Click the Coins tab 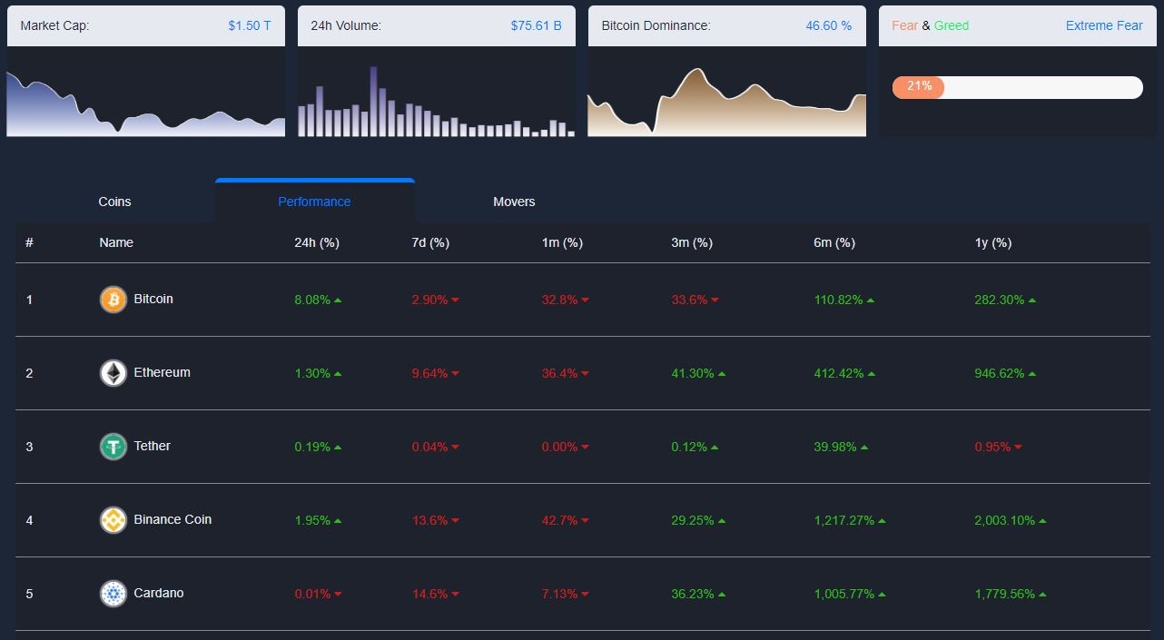pos(114,202)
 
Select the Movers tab pos(514,202)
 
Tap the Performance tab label pos(314,202)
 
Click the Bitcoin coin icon pos(113,300)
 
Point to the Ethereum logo pos(113,373)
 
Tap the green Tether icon pos(113,447)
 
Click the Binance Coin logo pos(113,520)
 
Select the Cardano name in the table pos(159,593)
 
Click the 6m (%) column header pos(834,242)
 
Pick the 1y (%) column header pos(993,242)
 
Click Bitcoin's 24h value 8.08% pos(312,300)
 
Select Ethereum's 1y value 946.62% pos(1000,373)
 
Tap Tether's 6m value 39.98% pos(835,447)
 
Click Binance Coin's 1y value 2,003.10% pos(1004,520)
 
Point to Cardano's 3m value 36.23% pos(692,594)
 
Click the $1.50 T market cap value pos(250,25)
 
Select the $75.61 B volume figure pos(537,25)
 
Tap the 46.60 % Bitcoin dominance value pos(828,25)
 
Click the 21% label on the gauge pos(919,85)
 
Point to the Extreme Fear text pos(1104,25)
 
